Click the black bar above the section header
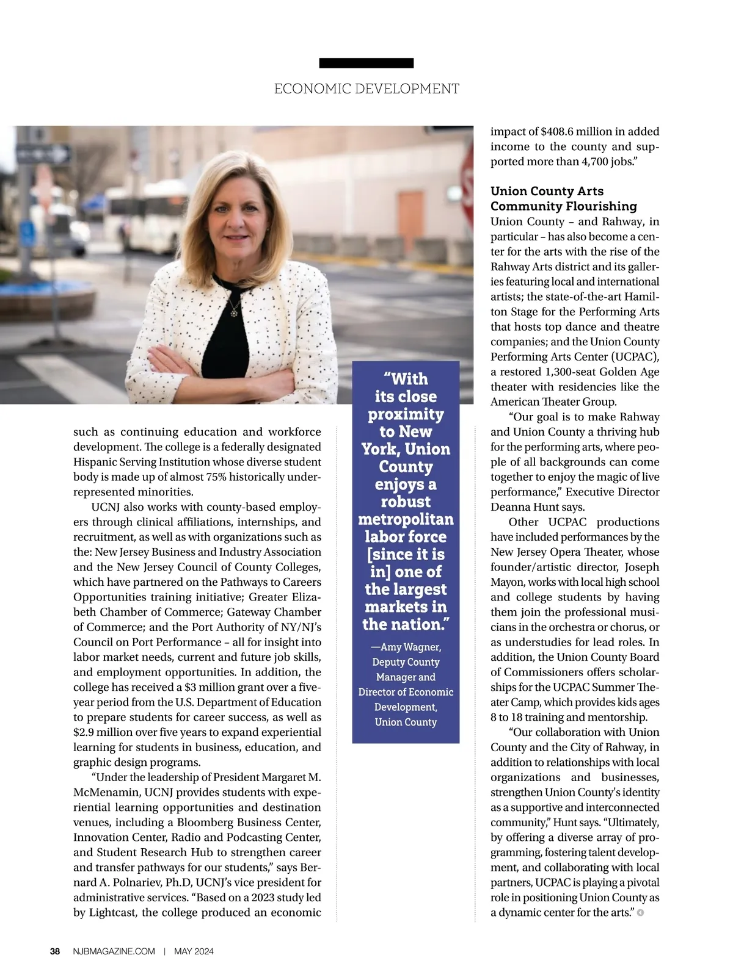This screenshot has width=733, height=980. tap(366, 63)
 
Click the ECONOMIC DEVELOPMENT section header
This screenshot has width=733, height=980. tap(366, 89)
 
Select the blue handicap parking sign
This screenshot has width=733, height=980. tap(27, 232)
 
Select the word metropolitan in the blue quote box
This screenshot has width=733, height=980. tap(406, 519)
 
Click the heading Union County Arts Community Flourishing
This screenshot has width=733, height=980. tap(564, 199)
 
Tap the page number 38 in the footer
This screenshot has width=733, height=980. tap(55, 951)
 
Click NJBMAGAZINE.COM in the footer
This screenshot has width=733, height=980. tap(114, 951)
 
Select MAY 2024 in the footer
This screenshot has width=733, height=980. tap(194, 951)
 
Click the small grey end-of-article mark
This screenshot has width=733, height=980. tap(640, 913)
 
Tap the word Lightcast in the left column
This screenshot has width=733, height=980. tap(113, 913)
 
